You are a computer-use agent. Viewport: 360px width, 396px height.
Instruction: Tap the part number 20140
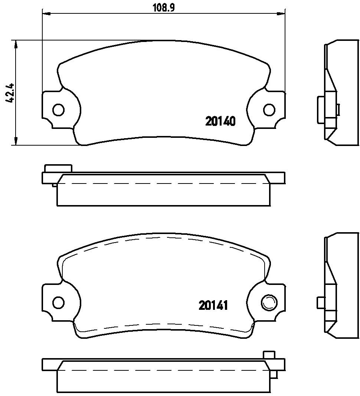tap(220, 121)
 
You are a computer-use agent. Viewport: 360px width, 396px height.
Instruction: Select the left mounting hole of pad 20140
tap(59, 110)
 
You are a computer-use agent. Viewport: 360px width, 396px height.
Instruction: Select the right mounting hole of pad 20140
tap(269, 110)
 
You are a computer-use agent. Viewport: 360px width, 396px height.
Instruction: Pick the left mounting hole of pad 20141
tap(59, 302)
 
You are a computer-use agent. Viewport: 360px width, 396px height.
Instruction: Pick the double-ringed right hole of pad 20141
tap(268, 302)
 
